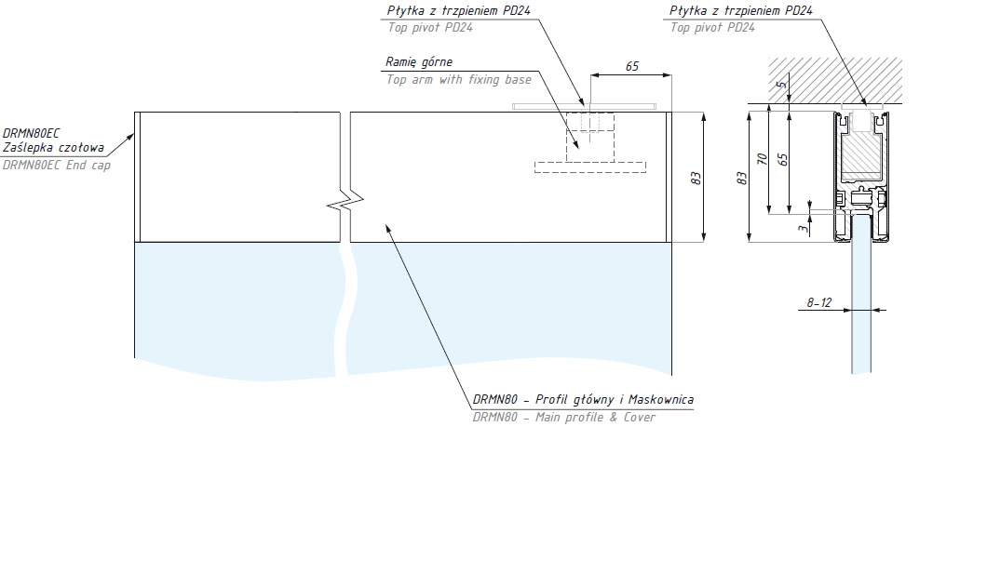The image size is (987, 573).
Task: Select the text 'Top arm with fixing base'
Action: click(459, 80)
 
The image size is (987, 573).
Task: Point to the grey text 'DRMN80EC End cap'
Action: click(57, 166)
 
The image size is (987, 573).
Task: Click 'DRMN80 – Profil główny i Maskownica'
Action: click(583, 400)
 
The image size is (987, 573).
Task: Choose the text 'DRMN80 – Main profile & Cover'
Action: click(563, 418)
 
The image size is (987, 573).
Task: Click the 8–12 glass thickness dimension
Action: click(820, 302)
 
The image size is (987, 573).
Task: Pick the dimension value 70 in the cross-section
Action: click(763, 159)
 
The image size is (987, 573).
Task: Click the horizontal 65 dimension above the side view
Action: click(632, 67)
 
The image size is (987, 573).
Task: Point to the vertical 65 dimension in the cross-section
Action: click(784, 159)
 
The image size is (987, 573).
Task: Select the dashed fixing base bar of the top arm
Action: click(589, 167)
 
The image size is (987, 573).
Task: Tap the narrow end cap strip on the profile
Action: click(137, 177)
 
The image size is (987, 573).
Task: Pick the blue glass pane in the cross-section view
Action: click(862, 307)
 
